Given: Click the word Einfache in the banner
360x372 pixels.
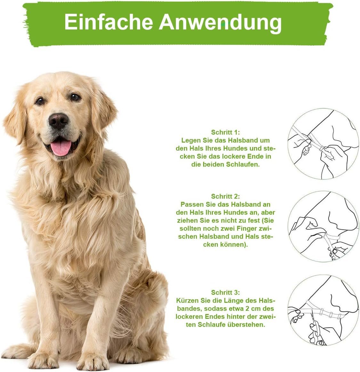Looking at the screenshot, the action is tap(108, 22).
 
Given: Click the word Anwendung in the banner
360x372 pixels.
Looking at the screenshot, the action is tap(220, 23).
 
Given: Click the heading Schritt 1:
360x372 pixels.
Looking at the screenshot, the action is tap(225, 132).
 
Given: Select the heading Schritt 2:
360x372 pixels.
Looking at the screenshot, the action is tap(225, 196).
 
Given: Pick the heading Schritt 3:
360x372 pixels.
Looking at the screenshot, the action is tap(225, 292).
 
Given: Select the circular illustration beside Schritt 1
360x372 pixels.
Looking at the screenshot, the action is tap(323, 144).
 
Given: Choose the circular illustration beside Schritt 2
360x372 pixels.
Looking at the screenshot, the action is tap(323, 227).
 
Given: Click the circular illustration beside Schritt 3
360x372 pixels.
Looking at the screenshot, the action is tap(323, 310).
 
